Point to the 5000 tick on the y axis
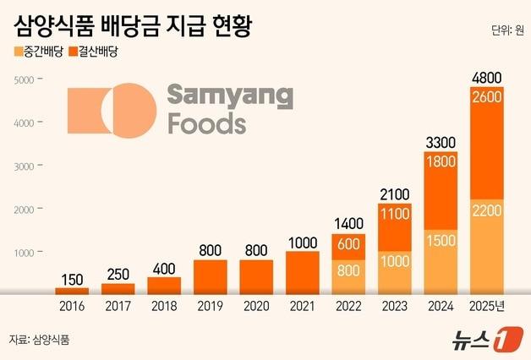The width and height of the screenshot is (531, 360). (23, 80)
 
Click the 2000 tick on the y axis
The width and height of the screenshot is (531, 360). (23, 210)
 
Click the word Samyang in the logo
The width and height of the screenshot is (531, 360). (230, 95)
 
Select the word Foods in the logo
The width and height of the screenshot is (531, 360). (207, 124)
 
